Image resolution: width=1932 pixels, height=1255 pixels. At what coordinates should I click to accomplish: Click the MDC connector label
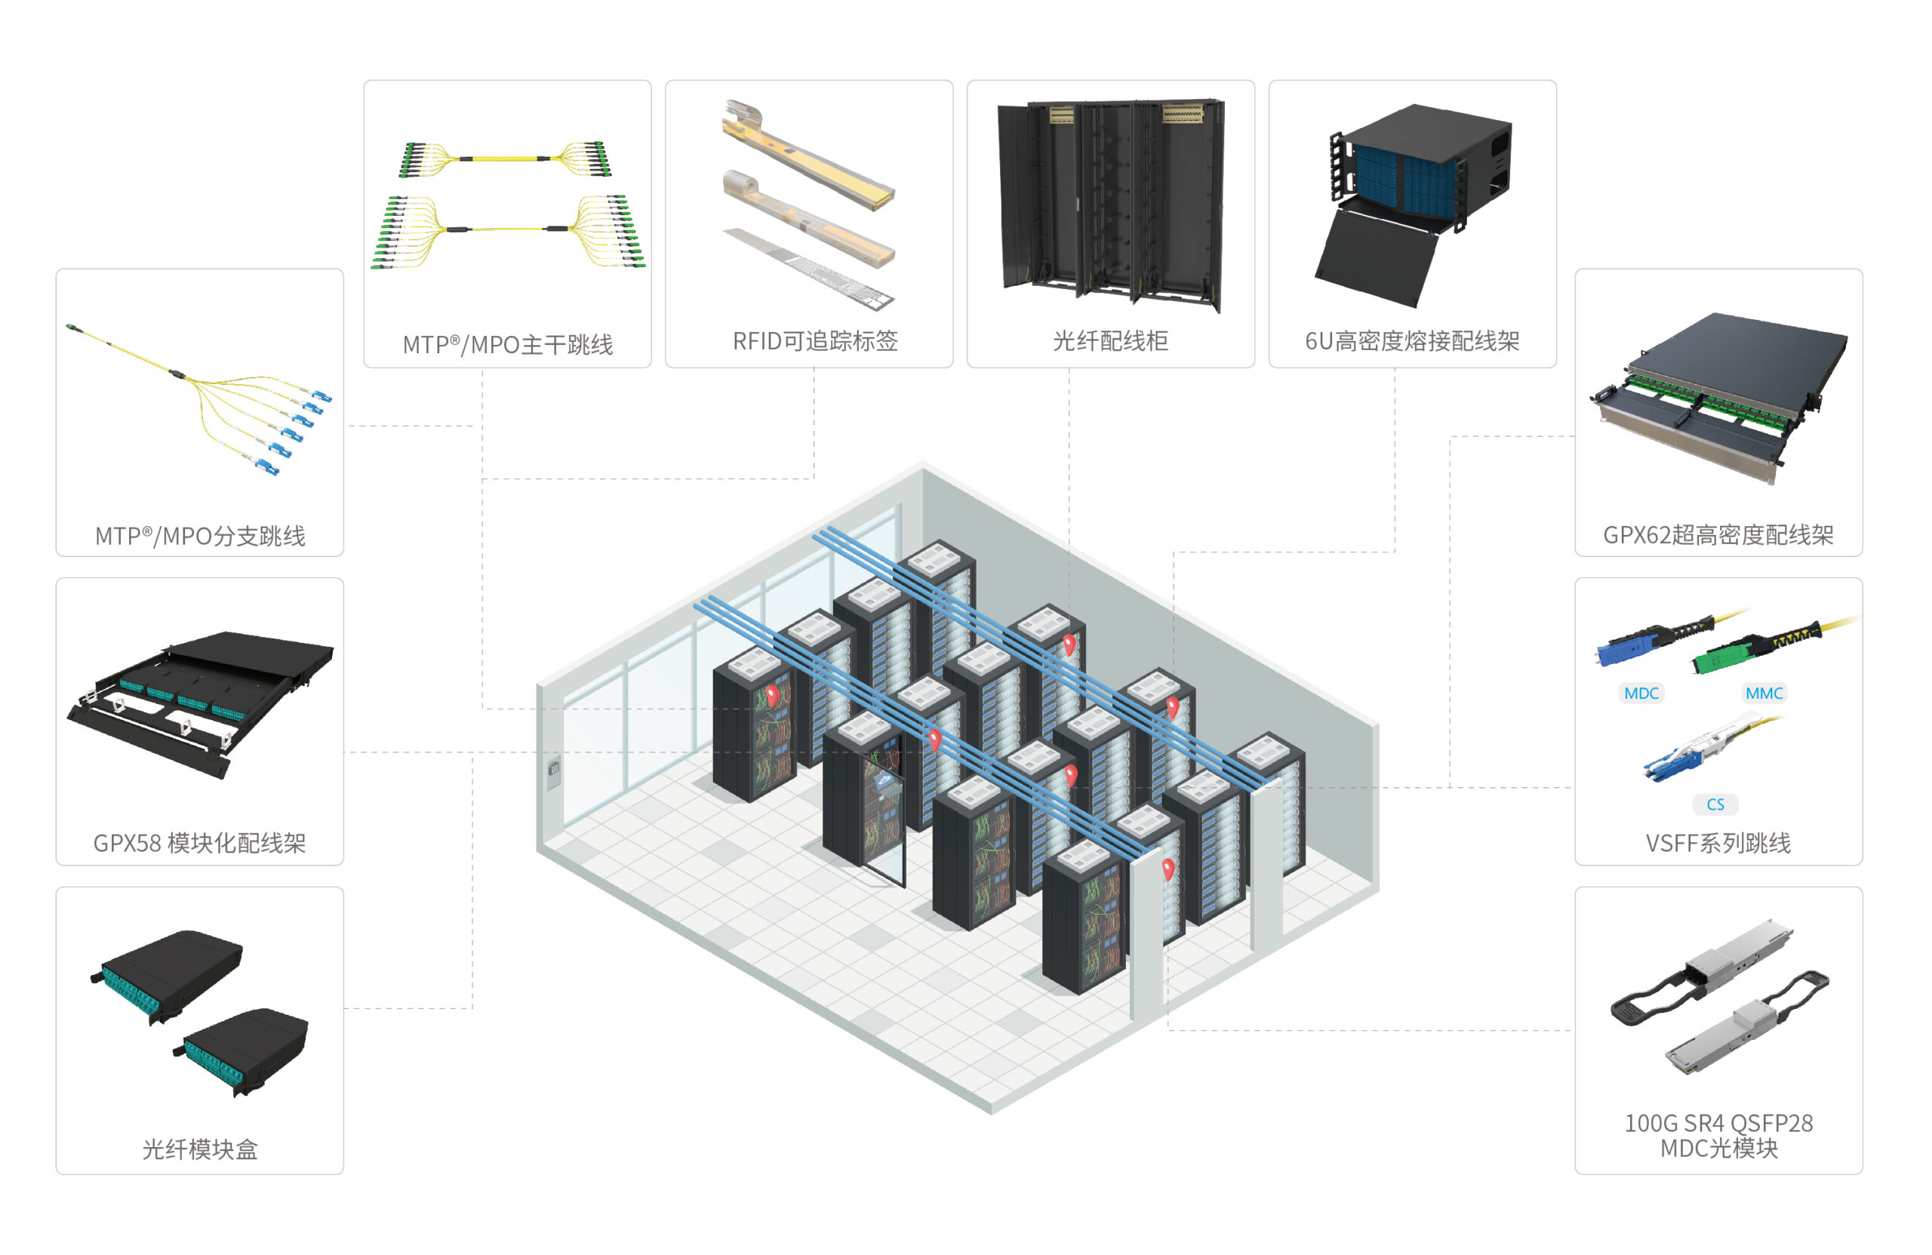point(1641,694)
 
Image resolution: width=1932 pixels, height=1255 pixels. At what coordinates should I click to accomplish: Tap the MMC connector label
point(1764,694)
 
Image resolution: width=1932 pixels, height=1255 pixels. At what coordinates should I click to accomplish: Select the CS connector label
point(1715,804)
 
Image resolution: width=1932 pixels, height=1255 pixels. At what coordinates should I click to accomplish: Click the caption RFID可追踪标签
point(815,341)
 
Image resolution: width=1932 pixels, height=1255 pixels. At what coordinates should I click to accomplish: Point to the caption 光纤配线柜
point(1110,341)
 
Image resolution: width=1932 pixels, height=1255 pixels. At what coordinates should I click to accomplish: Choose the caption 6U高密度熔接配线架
point(1413,341)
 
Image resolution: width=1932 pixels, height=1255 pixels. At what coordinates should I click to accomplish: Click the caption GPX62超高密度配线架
point(1718,535)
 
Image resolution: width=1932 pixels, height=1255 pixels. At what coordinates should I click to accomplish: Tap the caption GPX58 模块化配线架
point(200,844)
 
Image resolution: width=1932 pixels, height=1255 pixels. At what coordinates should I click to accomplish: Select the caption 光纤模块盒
point(200,1149)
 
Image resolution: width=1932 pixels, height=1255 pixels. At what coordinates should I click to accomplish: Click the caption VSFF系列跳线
point(1718,844)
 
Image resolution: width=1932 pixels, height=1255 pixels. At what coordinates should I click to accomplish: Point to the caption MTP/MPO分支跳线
point(200,536)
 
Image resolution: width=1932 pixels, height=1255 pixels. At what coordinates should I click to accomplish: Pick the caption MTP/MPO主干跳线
point(507,344)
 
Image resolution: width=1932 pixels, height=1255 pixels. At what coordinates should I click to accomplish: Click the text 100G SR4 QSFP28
point(1718,1123)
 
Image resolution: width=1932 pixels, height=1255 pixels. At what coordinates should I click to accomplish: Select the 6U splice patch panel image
point(1413,203)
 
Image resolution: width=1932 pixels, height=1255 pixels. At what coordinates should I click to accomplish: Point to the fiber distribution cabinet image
point(1110,205)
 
